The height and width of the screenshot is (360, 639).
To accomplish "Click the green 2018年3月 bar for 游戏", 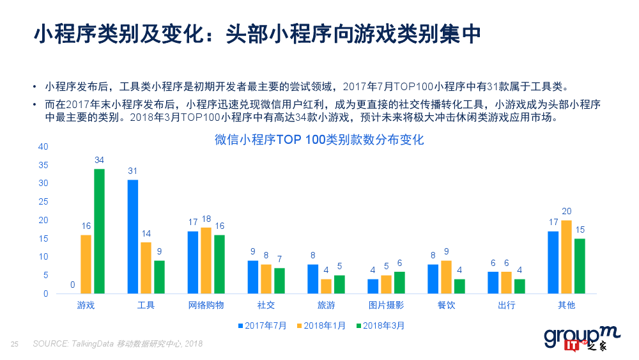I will [99, 231].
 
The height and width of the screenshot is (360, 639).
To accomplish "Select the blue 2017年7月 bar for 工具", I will [132, 237].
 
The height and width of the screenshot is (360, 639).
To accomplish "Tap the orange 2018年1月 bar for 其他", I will [566, 256].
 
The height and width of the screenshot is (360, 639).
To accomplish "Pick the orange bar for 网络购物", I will [206, 260].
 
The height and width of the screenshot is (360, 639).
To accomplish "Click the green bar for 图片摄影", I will [399, 283].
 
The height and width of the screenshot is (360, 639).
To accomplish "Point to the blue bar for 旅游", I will [313, 279].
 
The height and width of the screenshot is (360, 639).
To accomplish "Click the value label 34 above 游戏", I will [99, 160].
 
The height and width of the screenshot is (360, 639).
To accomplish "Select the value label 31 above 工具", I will [132, 171].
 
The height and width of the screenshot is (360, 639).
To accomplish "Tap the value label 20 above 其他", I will [566, 212].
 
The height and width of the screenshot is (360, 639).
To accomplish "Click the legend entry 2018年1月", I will [321, 325].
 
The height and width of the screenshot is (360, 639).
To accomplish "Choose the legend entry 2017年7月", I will [262, 325].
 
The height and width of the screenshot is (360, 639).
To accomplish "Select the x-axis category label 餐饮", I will [446, 305].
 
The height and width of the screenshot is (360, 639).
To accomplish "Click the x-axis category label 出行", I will [506, 305].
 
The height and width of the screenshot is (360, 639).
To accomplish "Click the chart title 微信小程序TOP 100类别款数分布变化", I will [319, 139].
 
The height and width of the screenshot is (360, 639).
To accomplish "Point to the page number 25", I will [14, 344].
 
